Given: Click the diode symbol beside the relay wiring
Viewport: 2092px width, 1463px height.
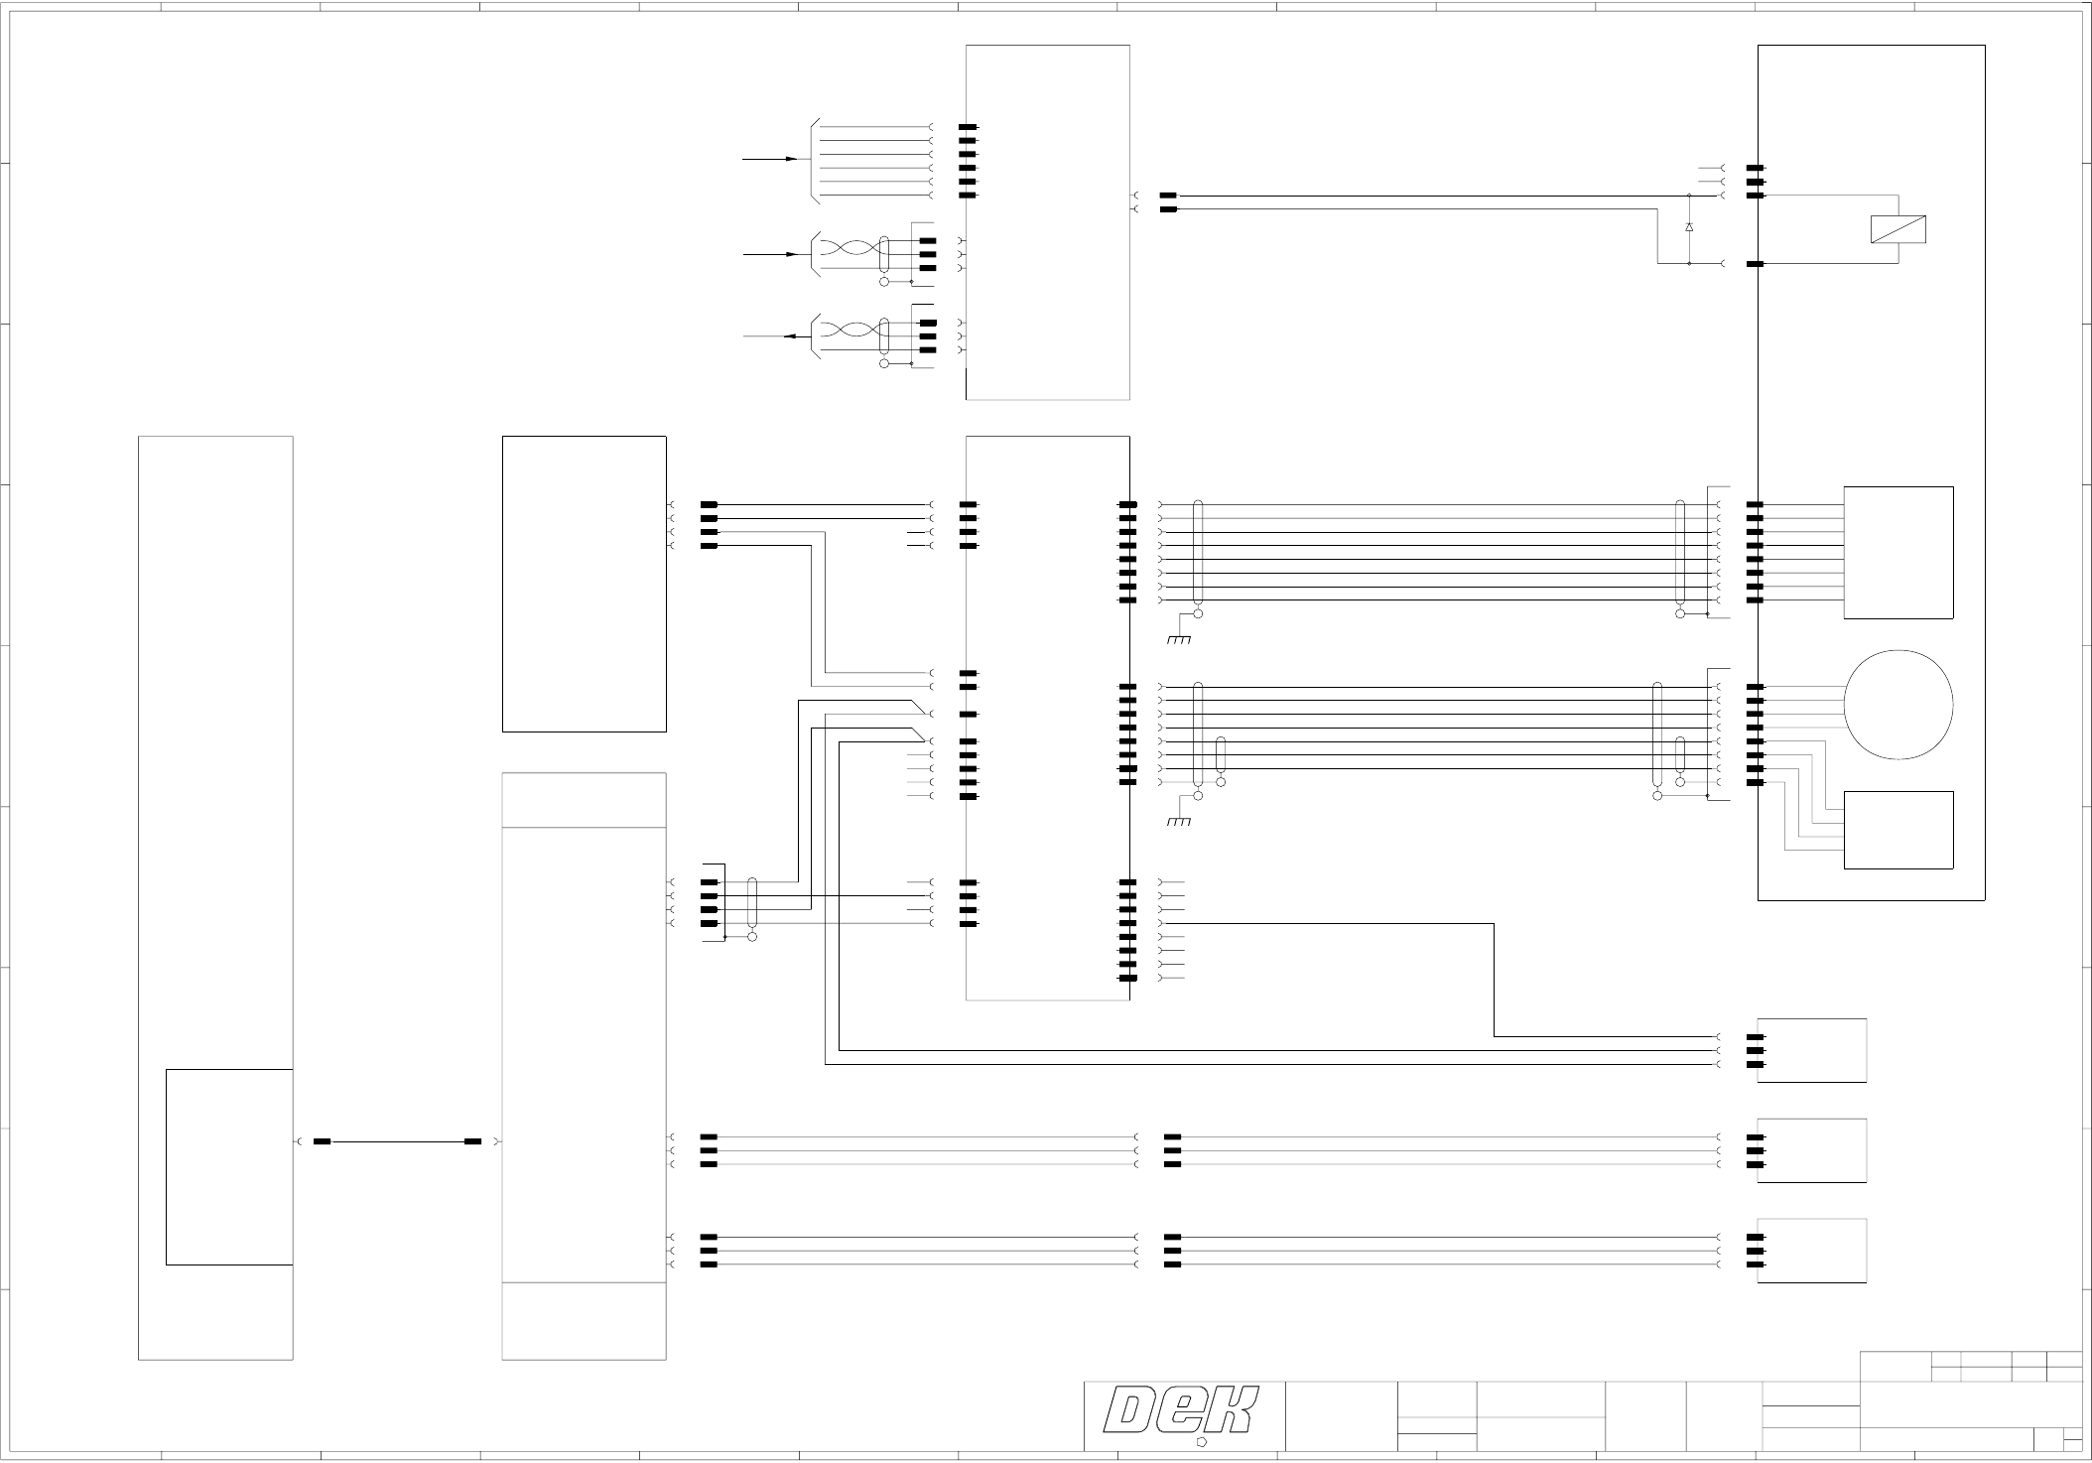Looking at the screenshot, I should (x=1689, y=228).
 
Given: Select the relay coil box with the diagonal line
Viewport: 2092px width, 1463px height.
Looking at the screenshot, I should (x=1898, y=229).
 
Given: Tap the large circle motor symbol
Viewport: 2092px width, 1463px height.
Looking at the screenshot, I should (x=1898, y=705).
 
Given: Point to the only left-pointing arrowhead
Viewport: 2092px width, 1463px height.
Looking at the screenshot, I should (x=790, y=336).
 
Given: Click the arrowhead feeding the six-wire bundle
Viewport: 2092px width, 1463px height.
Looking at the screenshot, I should (x=792, y=159).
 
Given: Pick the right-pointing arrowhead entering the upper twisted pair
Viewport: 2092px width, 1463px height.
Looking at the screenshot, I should (x=792, y=254).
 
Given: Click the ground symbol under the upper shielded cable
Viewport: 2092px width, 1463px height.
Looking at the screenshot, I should (x=1179, y=639).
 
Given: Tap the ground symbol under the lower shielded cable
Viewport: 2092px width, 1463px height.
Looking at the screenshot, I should (x=1179, y=822).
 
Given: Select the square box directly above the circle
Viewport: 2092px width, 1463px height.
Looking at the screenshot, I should (x=1898, y=553).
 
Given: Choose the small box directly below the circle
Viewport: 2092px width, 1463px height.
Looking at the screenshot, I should (x=1898, y=830).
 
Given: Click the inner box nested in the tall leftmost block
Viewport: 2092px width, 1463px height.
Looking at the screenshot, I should (x=229, y=1167).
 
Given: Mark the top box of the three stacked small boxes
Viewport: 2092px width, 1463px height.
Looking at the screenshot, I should (x=1811, y=1050).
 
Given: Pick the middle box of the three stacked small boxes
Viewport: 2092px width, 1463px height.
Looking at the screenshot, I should (x=1811, y=1150).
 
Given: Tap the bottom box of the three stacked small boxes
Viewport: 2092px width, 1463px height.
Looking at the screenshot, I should (x=1811, y=1251).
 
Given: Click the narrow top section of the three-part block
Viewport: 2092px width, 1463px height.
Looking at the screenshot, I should (x=584, y=800).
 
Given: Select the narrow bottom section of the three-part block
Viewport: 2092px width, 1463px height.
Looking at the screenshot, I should (x=584, y=1321).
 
